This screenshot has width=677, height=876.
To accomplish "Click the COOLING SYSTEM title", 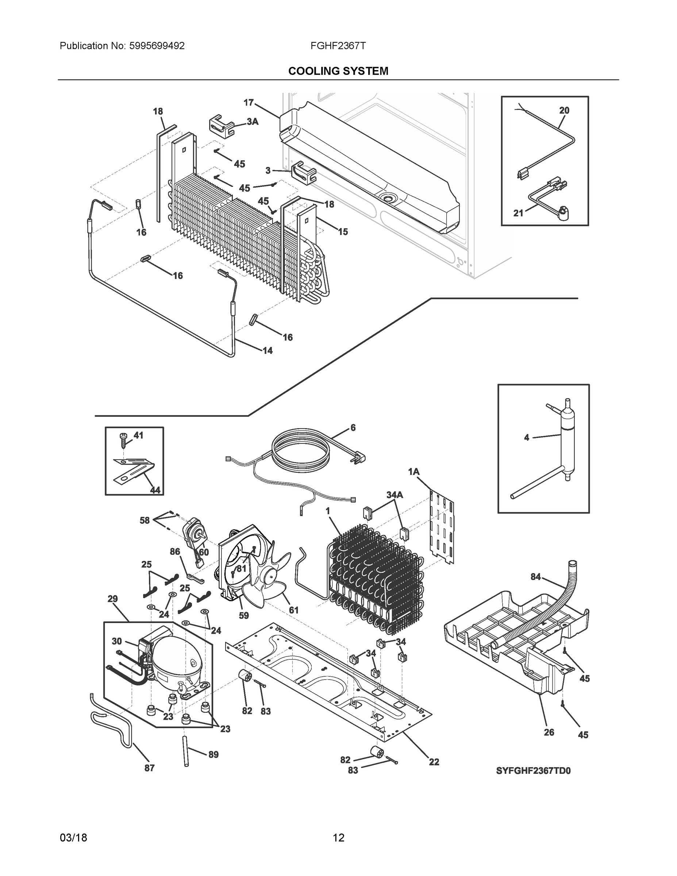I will (338, 71).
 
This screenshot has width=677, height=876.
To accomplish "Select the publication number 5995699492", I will (157, 46).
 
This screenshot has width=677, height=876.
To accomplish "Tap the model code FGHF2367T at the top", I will (338, 46).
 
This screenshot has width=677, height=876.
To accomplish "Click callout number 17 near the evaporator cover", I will (249, 103).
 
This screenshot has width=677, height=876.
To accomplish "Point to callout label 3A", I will (252, 122).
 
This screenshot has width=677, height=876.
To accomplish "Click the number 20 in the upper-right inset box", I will (564, 110).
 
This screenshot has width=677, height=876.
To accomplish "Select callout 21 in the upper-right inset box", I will (519, 214).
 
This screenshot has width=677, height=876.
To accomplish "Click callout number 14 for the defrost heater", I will (268, 350).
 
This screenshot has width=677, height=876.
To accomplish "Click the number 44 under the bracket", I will (155, 490).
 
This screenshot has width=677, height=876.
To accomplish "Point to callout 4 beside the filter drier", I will (527, 438).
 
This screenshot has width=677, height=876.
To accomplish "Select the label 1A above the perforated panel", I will (414, 472).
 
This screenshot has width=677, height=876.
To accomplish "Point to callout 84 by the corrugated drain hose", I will (535, 577).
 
